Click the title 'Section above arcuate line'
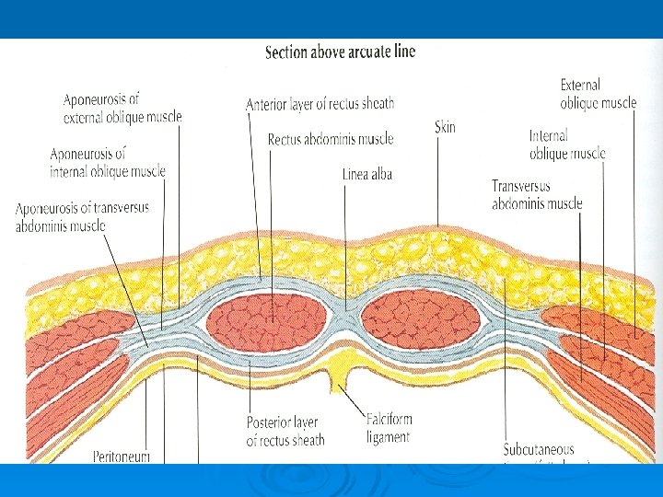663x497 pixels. coord(340,52)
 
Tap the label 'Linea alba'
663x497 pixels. coord(367,173)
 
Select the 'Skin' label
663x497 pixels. coord(445,127)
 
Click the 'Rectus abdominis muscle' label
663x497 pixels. coord(331,140)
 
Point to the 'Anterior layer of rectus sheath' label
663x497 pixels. coord(320,104)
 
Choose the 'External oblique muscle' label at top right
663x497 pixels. coord(598,94)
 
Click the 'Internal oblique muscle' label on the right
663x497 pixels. coord(567,144)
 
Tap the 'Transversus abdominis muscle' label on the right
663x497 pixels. coord(537,194)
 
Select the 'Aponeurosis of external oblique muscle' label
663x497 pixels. coord(122,108)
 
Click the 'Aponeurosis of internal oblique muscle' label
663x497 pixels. coord(108,162)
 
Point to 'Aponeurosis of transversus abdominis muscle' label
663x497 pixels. coord(82,216)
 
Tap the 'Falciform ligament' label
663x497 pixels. coord(389,428)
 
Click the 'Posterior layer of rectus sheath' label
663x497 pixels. coord(285,432)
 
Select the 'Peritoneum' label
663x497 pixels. coord(122,456)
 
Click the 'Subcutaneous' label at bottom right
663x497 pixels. coord(539,450)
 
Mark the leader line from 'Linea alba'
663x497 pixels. coord(346,244)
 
